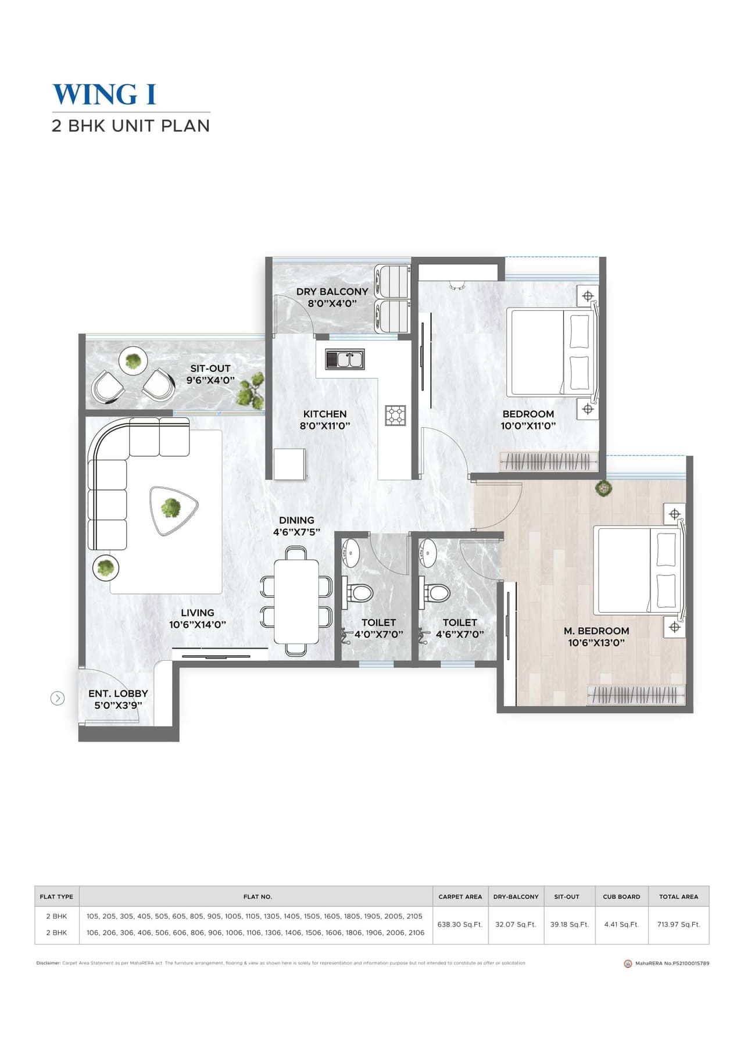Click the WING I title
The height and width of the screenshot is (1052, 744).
click(105, 95)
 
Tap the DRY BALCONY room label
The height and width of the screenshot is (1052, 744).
click(332, 292)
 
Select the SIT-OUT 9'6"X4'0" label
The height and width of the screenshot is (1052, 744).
click(210, 374)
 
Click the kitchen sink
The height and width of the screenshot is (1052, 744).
click(344, 359)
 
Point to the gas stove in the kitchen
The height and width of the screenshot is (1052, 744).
click(395, 415)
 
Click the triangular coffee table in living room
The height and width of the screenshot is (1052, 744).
click(173, 509)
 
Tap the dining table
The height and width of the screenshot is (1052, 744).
click(296, 601)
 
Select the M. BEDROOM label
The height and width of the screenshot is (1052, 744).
click(596, 631)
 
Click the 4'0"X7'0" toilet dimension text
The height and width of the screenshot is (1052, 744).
click(378, 634)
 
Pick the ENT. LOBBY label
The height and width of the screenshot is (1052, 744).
click(118, 693)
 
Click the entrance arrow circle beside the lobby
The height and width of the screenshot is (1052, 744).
click(58, 698)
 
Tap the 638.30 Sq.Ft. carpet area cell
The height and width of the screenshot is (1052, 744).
click(460, 924)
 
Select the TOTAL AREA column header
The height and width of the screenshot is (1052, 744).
click(678, 896)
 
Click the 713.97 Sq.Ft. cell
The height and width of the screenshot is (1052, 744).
click(678, 924)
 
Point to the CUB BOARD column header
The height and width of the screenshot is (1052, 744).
click(621, 896)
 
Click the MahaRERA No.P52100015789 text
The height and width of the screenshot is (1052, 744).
click(671, 963)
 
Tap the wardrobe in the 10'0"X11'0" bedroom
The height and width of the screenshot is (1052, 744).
click(549, 461)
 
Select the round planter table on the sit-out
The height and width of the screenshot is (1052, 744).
click(133, 362)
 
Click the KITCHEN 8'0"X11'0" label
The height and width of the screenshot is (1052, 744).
click(325, 420)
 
